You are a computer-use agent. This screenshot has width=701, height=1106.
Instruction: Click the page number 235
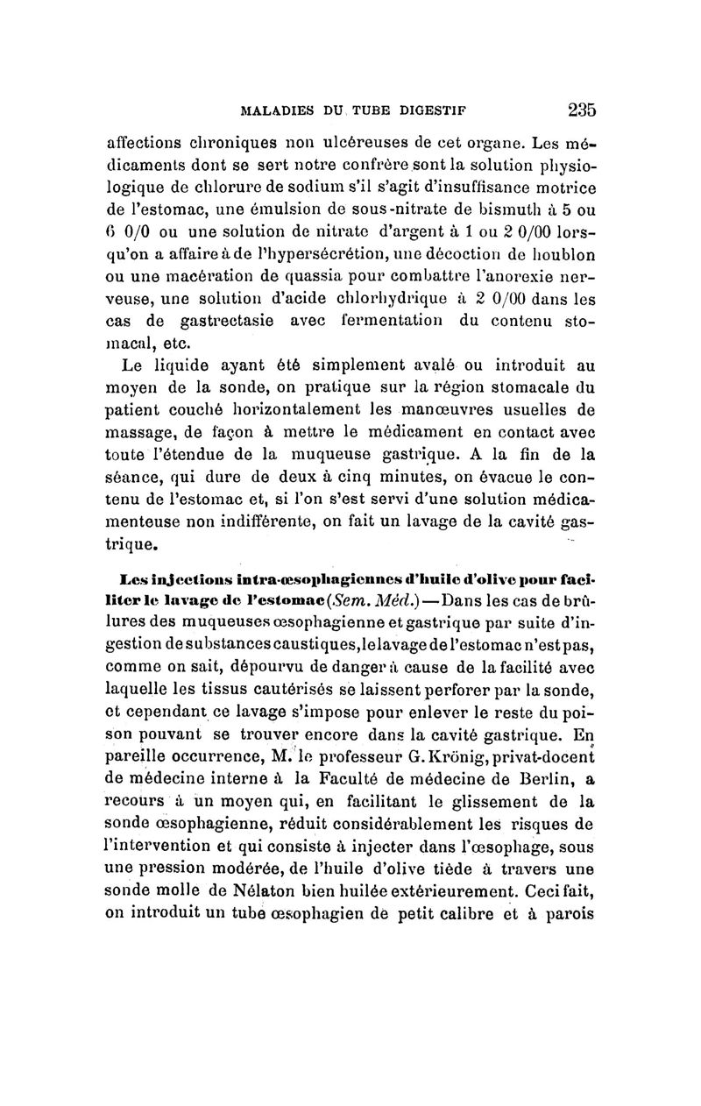[582, 111]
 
